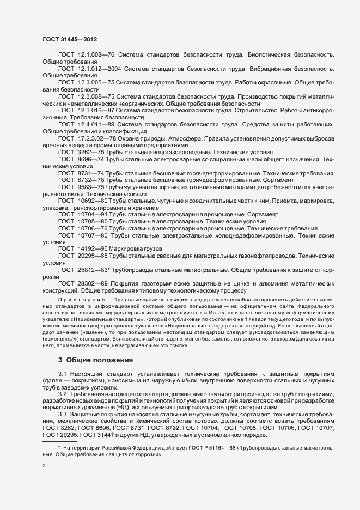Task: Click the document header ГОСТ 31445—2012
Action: pos(70,40)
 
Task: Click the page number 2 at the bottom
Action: pos(44,467)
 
